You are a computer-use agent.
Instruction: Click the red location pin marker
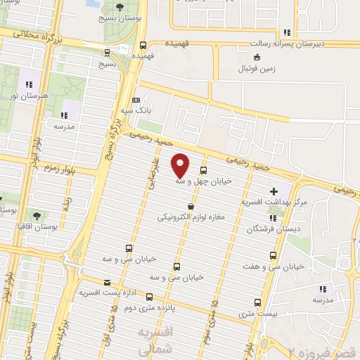[x=181, y=165]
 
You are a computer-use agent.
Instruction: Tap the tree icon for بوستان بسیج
[x=122, y=7]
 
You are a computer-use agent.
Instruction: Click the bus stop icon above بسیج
[x=106, y=53]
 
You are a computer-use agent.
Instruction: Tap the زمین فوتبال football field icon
[x=257, y=58]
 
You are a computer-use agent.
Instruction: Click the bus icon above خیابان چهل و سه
[x=204, y=169]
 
